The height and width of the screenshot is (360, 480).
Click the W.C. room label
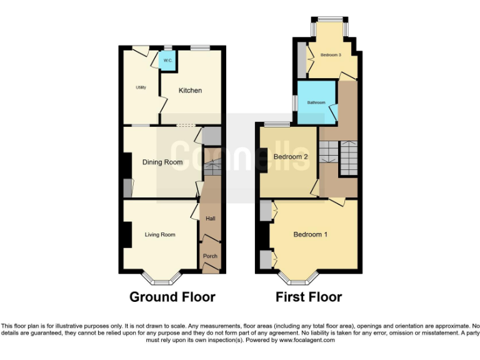pos(167,61)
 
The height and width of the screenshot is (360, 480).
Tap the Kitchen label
pos(190,91)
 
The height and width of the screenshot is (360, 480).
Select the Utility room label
pos(141,87)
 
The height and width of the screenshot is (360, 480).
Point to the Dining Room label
pos(162,162)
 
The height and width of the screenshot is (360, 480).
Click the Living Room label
pos(160,235)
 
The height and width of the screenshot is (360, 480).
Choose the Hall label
pos(211,219)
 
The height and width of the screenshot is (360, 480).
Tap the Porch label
pos(211,256)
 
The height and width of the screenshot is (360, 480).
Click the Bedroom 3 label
pos(331,55)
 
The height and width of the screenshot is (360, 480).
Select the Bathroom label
pos(316,102)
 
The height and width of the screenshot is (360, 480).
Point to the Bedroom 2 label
pos(291,157)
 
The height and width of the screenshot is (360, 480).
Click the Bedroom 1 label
pos(311,234)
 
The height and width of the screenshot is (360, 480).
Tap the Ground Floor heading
pos(172,297)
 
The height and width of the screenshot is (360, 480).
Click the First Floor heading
pos(309,297)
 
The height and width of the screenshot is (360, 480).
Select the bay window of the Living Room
pos(161,276)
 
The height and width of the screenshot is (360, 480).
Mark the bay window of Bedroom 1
pos(298,276)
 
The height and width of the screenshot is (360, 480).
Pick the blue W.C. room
pos(167,61)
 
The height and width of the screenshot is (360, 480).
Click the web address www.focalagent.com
pos(306,341)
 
